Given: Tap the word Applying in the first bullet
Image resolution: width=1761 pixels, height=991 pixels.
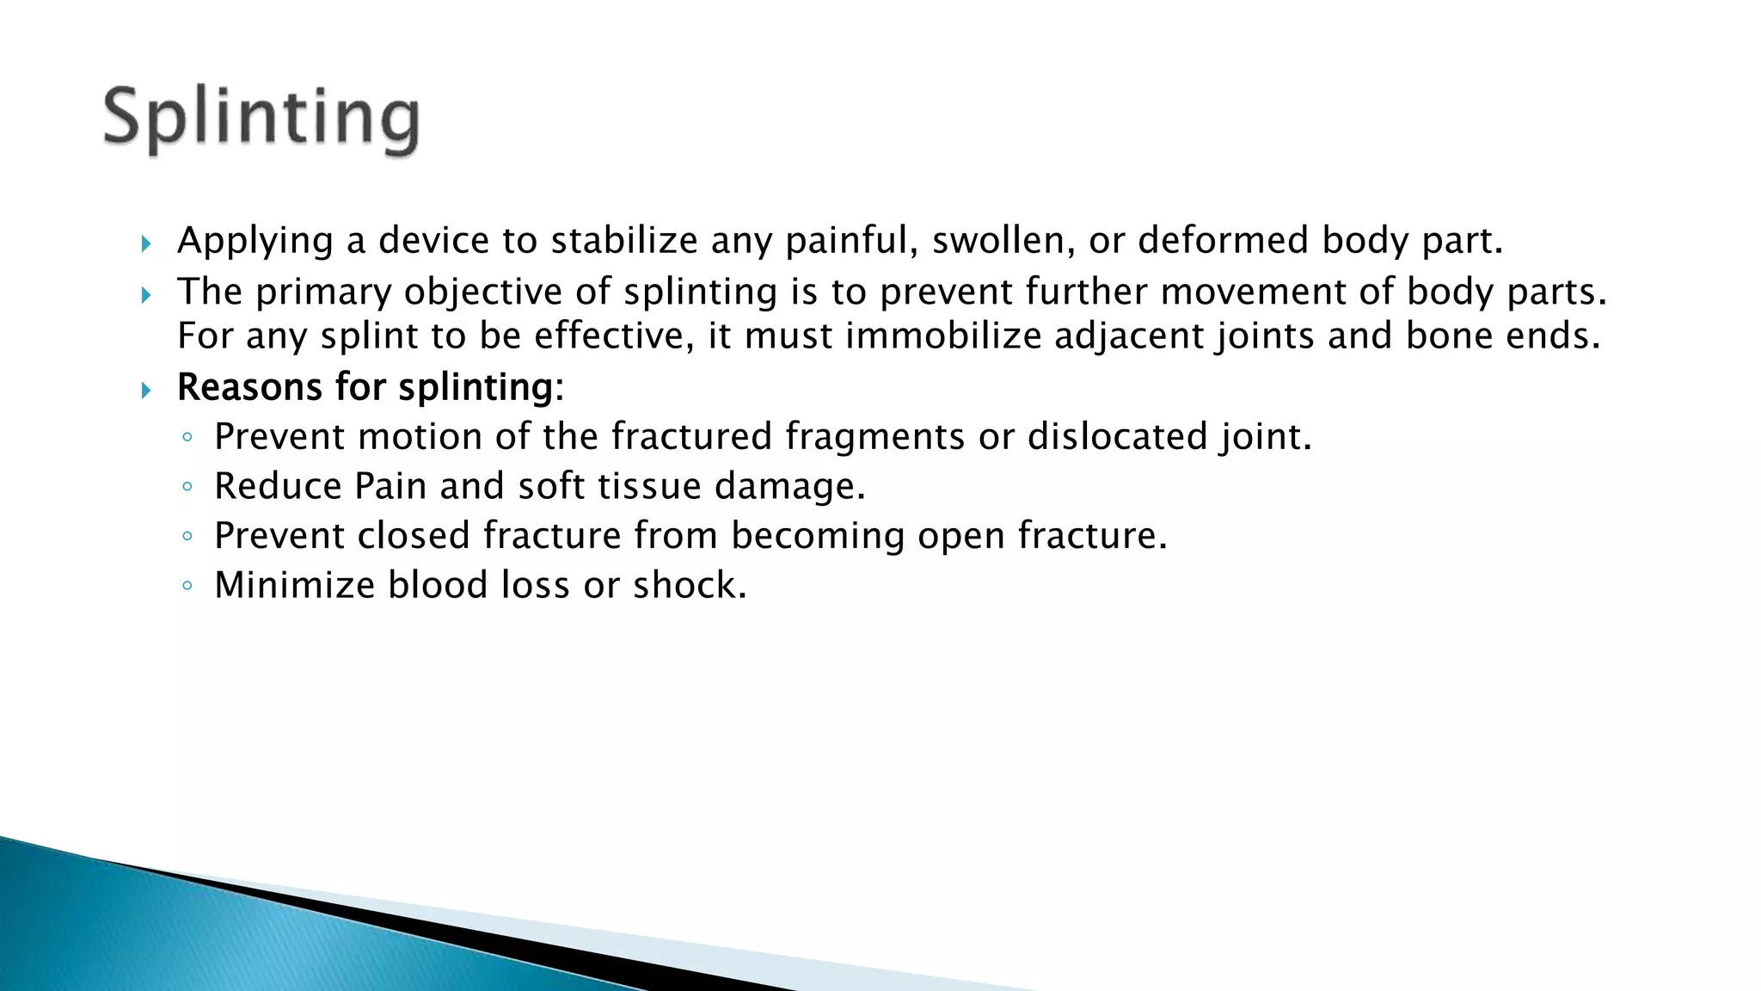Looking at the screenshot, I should [255, 241].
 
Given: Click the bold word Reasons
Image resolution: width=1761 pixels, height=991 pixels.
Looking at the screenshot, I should [249, 387].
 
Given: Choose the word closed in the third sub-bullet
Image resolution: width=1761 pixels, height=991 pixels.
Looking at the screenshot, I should [413, 535].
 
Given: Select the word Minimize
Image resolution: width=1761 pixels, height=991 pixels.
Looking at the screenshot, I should [294, 585].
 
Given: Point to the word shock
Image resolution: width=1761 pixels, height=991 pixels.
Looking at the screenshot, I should [690, 585].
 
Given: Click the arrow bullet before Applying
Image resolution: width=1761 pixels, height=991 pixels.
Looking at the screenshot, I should [145, 244].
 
